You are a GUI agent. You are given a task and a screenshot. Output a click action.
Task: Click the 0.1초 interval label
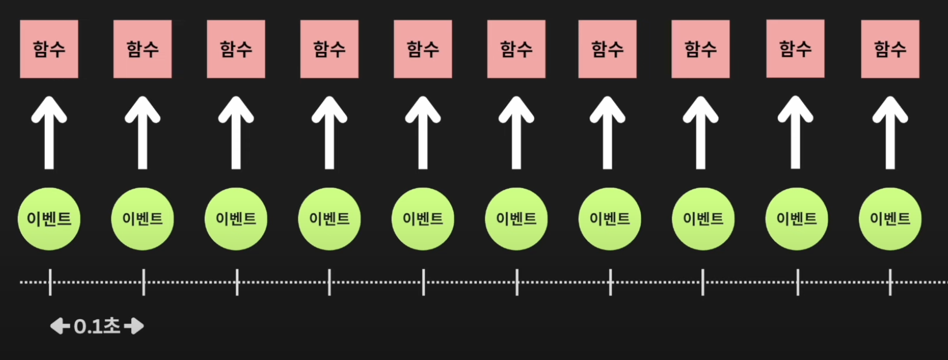pyautogui.click(x=97, y=327)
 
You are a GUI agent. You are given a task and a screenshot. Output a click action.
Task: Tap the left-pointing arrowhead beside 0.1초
pyautogui.click(x=59, y=327)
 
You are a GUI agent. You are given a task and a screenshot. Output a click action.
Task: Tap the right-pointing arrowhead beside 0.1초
pyautogui.click(x=135, y=327)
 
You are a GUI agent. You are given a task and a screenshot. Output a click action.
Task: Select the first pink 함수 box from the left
pyautogui.click(x=49, y=49)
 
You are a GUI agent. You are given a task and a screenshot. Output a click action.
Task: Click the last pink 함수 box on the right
pyautogui.click(x=890, y=49)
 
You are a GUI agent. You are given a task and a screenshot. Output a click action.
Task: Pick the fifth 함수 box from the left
pyautogui.click(x=423, y=49)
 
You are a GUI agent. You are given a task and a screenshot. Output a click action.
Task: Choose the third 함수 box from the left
pyautogui.click(x=236, y=49)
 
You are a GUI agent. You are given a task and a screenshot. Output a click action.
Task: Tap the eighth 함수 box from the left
pyautogui.click(x=701, y=49)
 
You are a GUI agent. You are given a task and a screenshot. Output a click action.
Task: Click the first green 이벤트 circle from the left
pyautogui.click(x=49, y=219)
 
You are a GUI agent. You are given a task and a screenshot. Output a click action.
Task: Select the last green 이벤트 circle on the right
pyautogui.click(x=890, y=219)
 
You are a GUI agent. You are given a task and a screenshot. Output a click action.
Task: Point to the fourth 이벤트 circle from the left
pyautogui.click(x=329, y=219)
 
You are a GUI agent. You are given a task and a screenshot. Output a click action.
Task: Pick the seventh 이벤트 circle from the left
pyautogui.click(x=610, y=219)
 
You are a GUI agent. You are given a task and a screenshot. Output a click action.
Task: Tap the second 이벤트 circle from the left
pyautogui.click(x=143, y=219)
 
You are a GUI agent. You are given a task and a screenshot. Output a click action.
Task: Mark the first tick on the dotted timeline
pyautogui.click(x=50, y=282)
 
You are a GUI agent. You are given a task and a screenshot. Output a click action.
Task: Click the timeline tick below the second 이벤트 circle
pyautogui.click(x=143, y=282)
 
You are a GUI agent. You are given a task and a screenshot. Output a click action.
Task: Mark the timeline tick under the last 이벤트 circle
pyautogui.click(x=890, y=282)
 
